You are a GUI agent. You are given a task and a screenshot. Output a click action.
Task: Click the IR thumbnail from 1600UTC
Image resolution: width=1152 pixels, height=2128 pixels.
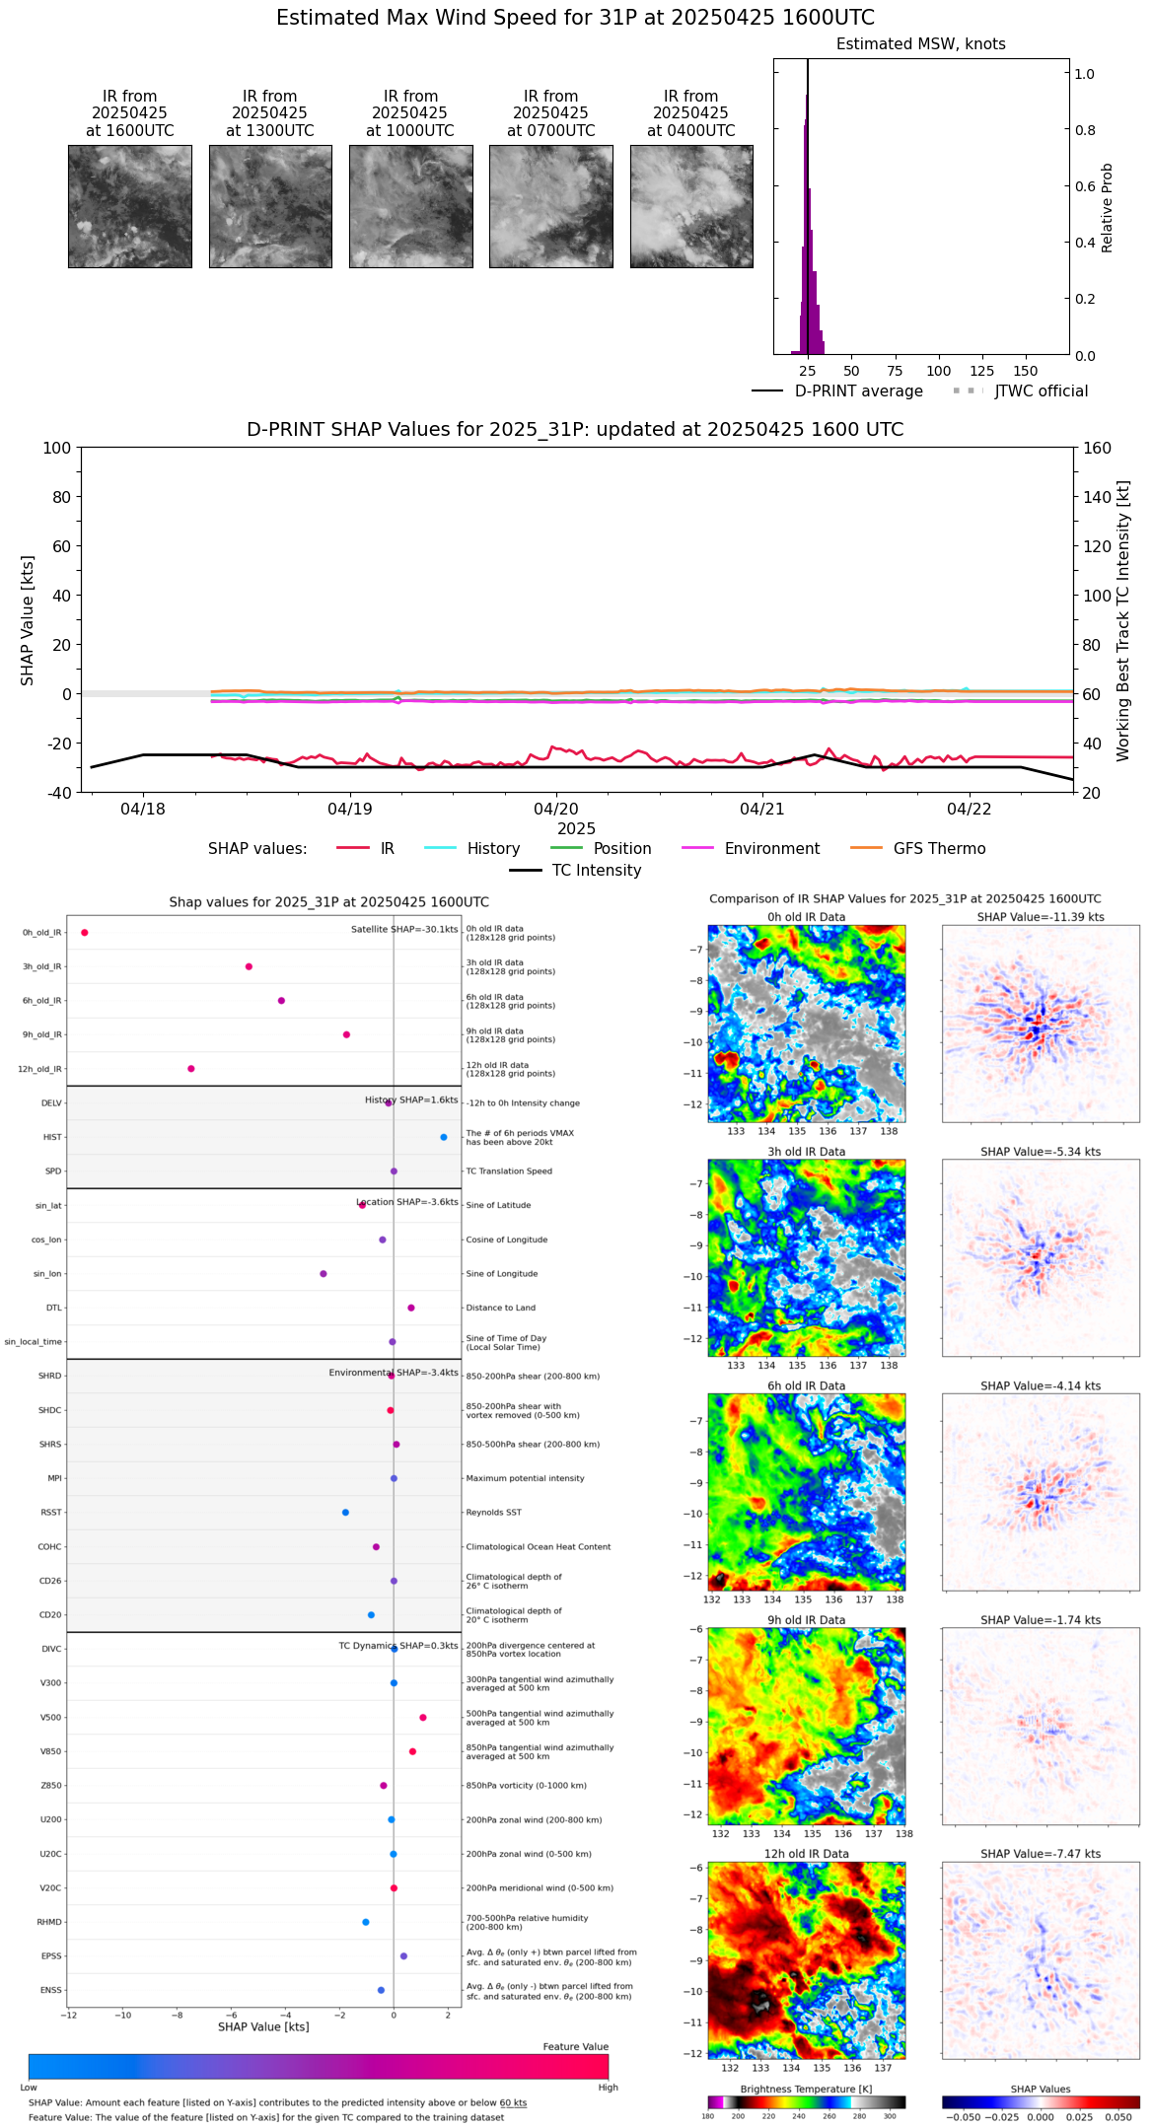tap(129, 206)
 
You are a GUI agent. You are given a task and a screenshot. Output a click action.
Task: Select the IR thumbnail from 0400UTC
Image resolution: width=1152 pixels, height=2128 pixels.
tap(691, 206)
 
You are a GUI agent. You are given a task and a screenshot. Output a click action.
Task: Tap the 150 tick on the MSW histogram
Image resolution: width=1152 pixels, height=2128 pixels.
tap(1026, 371)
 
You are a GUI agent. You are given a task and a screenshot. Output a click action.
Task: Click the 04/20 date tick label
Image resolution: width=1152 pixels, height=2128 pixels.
tap(556, 810)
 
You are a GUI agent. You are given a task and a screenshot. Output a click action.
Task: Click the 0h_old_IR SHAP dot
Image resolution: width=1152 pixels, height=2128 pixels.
tap(85, 933)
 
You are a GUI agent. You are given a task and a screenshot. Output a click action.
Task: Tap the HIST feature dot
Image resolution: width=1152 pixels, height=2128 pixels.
tap(444, 1138)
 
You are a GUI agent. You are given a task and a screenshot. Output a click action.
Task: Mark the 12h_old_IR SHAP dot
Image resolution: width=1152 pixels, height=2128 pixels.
tap(191, 1069)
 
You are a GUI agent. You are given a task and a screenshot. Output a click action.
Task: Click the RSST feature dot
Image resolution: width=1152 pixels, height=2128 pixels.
tap(345, 1513)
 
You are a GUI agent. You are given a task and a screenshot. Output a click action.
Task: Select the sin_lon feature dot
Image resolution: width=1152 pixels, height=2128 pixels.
tap(324, 1274)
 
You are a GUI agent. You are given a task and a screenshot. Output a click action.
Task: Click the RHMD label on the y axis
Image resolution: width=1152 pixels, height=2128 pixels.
tap(49, 1922)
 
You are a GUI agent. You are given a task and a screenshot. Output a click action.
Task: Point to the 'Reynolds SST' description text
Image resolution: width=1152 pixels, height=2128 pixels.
tap(493, 1513)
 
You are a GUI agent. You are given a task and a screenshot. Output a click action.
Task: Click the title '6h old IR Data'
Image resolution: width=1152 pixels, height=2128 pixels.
tap(806, 1385)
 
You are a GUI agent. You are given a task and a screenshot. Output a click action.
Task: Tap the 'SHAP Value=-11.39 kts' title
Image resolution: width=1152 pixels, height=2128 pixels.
tap(1041, 917)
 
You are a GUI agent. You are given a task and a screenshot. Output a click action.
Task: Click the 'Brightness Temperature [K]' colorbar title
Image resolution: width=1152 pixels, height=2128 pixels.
tap(806, 2090)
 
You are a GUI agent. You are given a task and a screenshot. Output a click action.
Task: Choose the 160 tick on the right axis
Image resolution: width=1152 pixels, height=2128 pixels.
tap(1097, 449)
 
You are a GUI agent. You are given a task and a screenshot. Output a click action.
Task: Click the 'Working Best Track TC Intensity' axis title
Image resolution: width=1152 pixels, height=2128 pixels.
tap(1123, 621)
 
